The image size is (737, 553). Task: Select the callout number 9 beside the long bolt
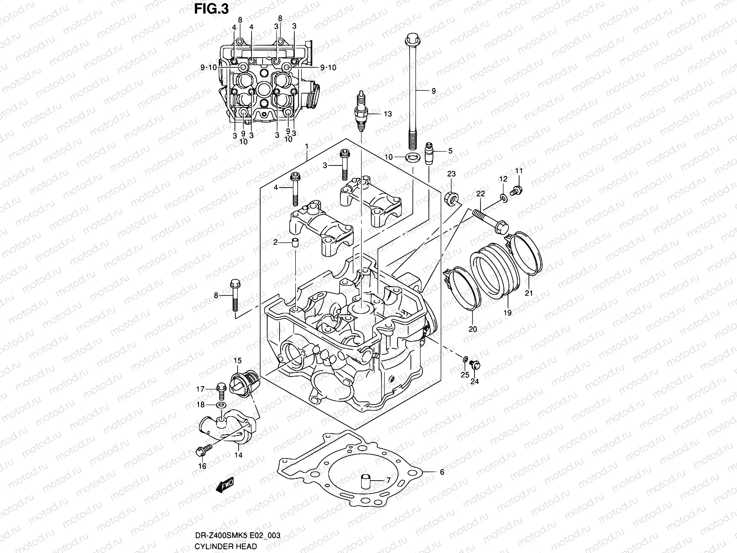[433, 91]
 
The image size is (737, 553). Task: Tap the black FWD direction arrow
[225, 485]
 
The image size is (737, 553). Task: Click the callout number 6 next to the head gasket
[441, 472]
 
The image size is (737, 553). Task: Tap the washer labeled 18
[221, 404]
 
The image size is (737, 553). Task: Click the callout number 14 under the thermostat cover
[239, 455]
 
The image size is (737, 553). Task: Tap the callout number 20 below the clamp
[473, 329]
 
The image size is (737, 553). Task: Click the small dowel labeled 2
[294, 242]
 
